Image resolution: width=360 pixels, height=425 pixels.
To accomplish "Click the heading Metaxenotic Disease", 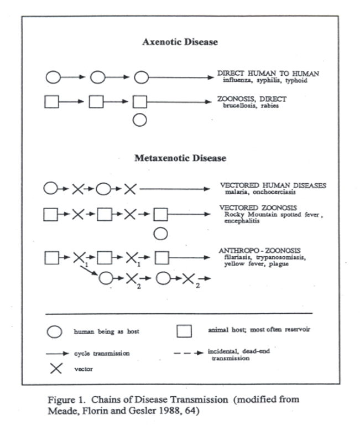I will click(x=180, y=158).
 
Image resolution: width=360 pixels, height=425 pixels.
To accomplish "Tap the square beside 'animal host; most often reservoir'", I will click(x=184, y=331).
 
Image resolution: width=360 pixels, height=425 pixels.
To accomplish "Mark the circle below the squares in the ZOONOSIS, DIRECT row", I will click(x=140, y=120).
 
